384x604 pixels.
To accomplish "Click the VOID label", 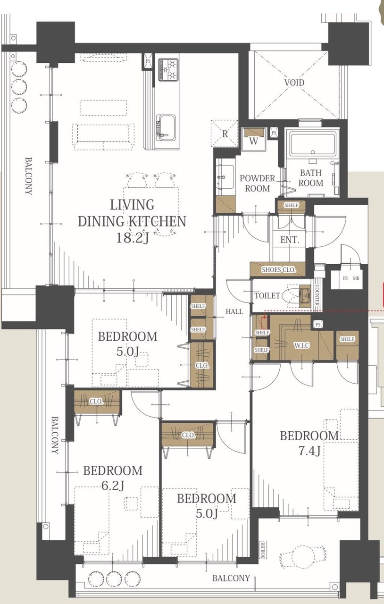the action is click(x=294, y=82).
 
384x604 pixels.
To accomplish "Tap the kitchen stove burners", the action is click(x=168, y=69).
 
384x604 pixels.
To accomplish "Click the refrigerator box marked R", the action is click(x=225, y=133).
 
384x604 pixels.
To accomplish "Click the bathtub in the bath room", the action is click(x=313, y=143).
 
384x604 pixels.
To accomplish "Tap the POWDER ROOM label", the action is click(x=257, y=183).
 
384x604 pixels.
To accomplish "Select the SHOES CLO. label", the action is click(x=279, y=269).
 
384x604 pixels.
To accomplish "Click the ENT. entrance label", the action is click(x=290, y=239).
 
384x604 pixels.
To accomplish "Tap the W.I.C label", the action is click(x=302, y=345).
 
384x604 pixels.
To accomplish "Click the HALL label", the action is click(x=234, y=312).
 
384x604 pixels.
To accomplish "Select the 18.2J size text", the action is click(x=133, y=238).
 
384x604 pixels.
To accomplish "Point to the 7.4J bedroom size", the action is click(x=309, y=451).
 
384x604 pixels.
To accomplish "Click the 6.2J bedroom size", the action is click(x=112, y=486).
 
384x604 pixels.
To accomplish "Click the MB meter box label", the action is click(x=356, y=278).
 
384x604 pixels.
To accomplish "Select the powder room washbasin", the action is click(x=225, y=177).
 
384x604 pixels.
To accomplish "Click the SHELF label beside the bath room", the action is click(x=291, y=205).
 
